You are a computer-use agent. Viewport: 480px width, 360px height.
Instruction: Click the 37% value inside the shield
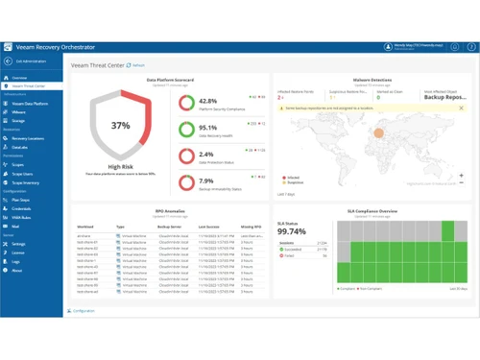119,126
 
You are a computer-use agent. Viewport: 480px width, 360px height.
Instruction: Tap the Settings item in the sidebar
19,245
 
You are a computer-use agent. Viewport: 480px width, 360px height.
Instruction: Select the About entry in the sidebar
17,271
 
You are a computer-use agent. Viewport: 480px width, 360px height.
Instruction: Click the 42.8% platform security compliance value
207,101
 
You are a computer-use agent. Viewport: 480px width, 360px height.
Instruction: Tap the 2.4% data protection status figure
205,155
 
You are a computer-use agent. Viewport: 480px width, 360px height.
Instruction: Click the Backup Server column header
170,228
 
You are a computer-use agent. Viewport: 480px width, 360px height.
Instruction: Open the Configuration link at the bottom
84,311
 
